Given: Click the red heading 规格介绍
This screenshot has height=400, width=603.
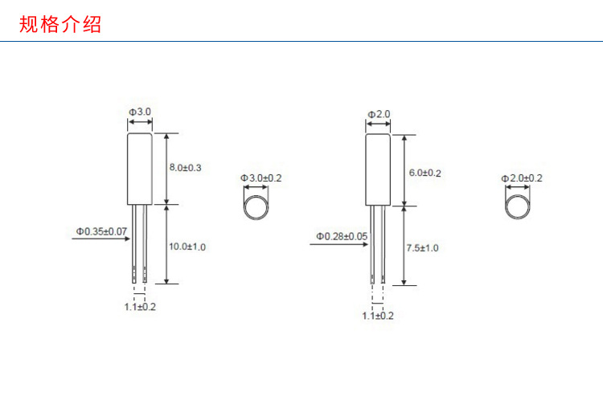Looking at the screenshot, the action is [60, 24].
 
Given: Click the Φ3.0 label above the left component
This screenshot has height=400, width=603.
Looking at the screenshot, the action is [140, 112].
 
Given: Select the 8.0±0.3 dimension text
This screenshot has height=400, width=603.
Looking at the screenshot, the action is [186, 168].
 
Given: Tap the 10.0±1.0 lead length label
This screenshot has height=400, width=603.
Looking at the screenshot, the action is [187, 247].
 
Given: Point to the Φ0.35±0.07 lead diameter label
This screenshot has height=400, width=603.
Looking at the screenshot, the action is [101, 231].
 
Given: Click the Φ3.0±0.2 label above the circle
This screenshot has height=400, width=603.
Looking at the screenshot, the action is [261, 178].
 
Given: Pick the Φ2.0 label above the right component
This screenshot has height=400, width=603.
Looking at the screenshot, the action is [379, 115].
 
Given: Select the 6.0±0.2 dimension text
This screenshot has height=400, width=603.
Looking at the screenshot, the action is [425, 173].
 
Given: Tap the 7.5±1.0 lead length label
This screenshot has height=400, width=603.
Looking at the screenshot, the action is [422, 248].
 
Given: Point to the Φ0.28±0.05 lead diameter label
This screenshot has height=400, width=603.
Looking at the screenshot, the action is [342, 236].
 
